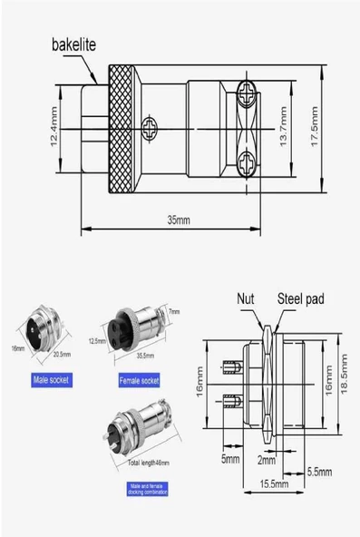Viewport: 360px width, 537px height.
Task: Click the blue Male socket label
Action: coord(51,379)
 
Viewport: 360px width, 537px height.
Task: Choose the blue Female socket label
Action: coord(139,379)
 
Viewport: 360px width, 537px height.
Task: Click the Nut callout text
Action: coord(246,298)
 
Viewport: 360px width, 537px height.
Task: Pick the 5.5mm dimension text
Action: coord(317,473)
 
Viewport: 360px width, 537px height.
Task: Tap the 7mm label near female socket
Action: coord(174,312)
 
